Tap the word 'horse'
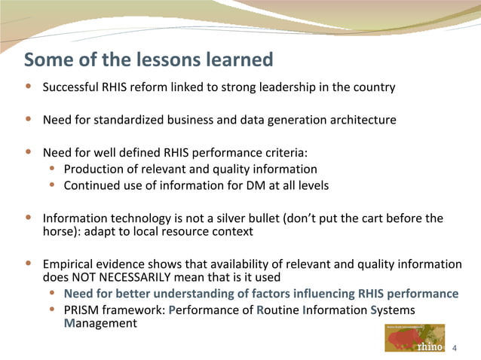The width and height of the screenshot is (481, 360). tap(60, 232)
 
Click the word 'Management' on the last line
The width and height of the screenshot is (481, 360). tap(100, 324)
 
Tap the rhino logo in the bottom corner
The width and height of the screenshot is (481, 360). tap(414, 338)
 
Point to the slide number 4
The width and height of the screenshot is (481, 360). tap(454, 349)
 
